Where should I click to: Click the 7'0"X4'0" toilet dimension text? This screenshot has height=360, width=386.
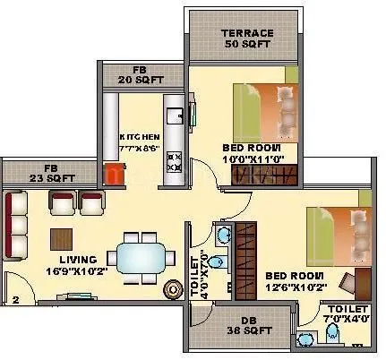(347, 317)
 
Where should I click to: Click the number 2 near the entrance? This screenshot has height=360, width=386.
(15, 300)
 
